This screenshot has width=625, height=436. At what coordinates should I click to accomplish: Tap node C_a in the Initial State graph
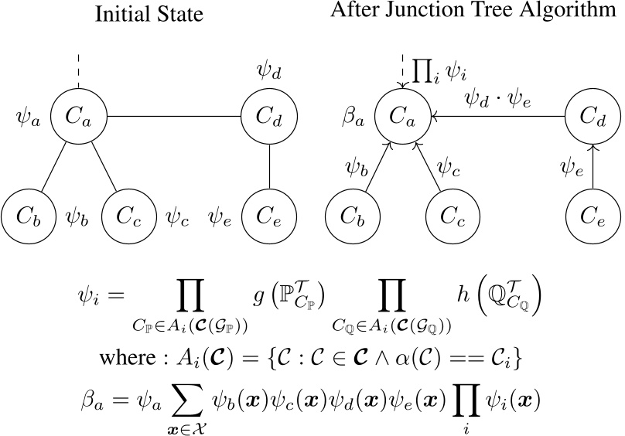coord(78,118)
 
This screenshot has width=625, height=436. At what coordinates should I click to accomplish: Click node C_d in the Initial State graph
coord(268,118)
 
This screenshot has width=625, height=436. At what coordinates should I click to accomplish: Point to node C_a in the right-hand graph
coord(402,118)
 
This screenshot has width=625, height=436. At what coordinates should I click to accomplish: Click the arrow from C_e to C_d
coord(593,166)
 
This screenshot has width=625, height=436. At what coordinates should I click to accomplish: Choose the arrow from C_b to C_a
coord(372,170)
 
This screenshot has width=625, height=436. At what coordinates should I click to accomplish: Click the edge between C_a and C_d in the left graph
coord(173,118)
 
